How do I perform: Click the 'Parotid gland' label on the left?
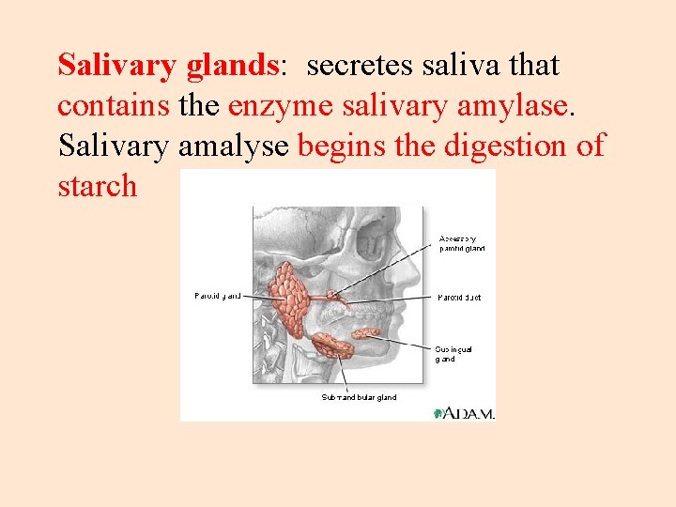point(217,296)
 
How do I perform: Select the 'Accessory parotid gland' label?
point(462,243)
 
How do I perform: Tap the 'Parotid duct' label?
point(460,297)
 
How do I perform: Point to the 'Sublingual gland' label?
point(454,353)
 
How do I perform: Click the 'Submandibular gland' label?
point(359,397)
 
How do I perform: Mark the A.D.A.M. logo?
point(464,412)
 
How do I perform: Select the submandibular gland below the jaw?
point(330,346)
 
